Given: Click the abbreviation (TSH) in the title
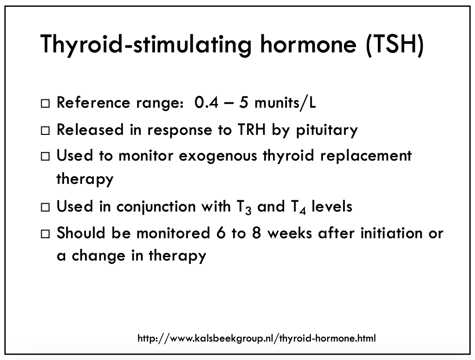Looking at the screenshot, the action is [x=395, y=44].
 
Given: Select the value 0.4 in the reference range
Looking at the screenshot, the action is [x=206, y=102].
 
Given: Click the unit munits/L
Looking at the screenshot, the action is [x=285, y=102].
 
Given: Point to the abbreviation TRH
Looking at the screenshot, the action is [x=252, y=130].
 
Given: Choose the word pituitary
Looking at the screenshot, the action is [x=327, y=130].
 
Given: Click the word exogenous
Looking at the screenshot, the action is [x=218, y=156].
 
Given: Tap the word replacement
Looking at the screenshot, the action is [x=366, y=156].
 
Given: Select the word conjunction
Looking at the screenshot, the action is [x=156, y=207].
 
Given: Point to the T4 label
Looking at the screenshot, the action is [x=298, y=208].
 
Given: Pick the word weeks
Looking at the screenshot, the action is [x=289, y=233].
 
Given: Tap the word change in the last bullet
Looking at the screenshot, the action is [x=99, y=256].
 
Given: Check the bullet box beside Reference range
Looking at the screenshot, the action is [x=45, y=103].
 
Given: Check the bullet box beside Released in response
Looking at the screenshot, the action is [x=45, y=131].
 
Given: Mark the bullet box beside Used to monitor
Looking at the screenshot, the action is [x=45, y=156].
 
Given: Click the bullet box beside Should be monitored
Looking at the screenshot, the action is [x=45, y=234].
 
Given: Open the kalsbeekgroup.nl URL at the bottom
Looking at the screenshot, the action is [x=256, y=338].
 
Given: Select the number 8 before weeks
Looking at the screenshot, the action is [x=256, y=233].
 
